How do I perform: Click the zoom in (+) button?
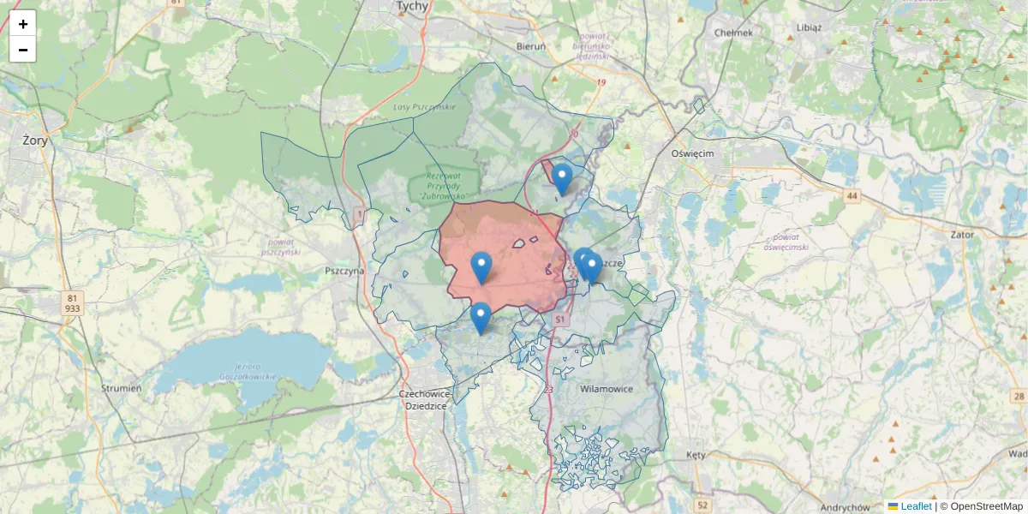coord(23,24)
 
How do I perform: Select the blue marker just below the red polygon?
coord(481,318)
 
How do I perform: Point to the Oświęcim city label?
coord(692,153)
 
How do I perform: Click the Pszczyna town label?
coord(344,271)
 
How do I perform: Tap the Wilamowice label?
coord(607,389)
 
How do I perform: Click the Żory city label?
coord(35,140)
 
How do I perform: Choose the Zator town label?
coord(963,233)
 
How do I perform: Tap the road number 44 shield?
coord(852,196)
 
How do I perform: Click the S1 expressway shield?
coord(560,319)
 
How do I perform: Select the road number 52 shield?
coord(703,505)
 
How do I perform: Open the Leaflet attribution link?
coord(916,506)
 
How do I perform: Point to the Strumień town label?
coord(122,388)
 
